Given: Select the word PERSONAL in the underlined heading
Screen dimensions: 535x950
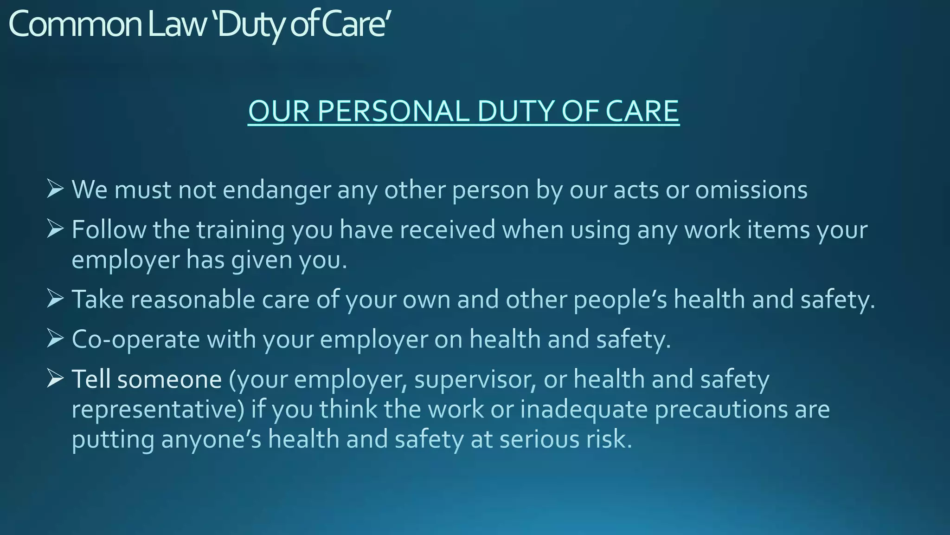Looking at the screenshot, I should [394, 111].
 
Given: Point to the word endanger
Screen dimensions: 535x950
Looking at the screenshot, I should [277, 190].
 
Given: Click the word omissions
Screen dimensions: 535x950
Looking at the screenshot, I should [751, 190].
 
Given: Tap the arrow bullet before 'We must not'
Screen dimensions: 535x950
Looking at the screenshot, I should [55, 189].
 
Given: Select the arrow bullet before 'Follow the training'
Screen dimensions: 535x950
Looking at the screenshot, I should [55, 229].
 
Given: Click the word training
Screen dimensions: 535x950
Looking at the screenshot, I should [240, 230].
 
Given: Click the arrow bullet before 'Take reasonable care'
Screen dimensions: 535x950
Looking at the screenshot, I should [55, 299].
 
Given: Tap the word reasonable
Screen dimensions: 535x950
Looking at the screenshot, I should [193, 300].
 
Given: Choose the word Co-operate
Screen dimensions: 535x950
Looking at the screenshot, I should [135, 339].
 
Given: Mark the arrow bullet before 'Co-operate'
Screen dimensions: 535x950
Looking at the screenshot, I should [55, 339].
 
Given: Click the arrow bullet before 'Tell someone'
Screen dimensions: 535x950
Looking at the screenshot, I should [55, 378].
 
